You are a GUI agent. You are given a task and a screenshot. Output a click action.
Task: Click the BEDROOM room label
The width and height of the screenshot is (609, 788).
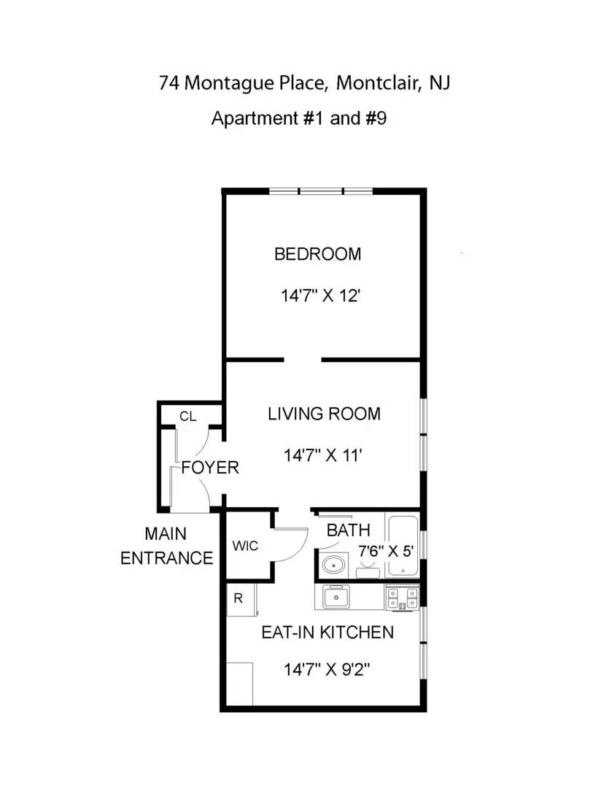pyautogui.click(x=317, y=254)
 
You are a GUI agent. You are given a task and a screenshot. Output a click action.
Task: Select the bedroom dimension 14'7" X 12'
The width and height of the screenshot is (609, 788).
pyautogui.click(x=322, y=296)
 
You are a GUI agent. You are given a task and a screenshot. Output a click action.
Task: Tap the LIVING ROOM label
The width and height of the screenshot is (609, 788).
pyautogui.click(x=324, y=414)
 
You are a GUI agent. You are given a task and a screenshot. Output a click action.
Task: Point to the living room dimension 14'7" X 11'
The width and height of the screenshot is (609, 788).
pyautogui.click(x=323, y=456)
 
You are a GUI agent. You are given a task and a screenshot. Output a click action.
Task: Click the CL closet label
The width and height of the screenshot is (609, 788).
pyautogui.click(x=188, y=417)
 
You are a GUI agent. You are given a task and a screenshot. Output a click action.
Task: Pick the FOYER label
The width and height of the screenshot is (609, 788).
pyautogui.click(x=210, y=467)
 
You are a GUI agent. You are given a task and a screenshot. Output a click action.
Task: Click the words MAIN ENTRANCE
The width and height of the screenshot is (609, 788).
pyautogui.click(x=166, y=546)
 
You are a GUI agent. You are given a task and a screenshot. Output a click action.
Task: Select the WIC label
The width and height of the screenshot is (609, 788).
pyautogui.click(x=245, y=546)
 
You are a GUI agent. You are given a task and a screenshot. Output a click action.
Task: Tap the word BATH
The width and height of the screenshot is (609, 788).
pyautogui.click(x=348, y=530)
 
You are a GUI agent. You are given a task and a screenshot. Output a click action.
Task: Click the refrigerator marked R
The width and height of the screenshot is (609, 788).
pyautogui.click(x=238, y=599)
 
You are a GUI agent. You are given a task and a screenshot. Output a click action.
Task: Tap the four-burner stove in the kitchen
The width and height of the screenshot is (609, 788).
pyautogui.click(x=402, y=598)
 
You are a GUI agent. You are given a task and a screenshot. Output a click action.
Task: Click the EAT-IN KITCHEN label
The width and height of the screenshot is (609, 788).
pyautogui.click(x=327, y=632)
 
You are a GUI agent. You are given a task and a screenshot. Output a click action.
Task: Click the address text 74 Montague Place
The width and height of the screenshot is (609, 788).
pyautogui.click(x=241, y=83)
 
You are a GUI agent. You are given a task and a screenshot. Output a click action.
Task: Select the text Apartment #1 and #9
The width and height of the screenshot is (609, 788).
pyautogui.click(x=298, y=118)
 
